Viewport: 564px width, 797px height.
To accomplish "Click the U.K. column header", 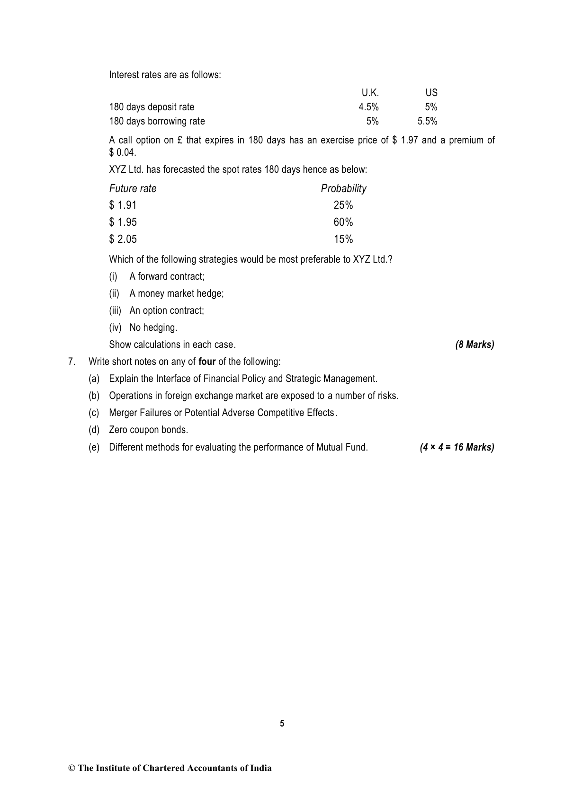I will pos(370,93).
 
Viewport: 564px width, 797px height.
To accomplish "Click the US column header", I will pos(431,93).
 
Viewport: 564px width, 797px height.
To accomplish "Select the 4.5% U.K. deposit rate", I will pos(368,107).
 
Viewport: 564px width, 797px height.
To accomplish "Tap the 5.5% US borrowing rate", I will pos(427,121).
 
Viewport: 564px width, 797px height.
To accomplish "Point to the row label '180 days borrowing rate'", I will pos(157,121).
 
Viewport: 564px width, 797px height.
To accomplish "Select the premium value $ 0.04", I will pos(122,152).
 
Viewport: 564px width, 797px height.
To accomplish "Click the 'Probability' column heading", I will pos(343,188).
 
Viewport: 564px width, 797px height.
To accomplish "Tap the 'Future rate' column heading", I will pos(133,188).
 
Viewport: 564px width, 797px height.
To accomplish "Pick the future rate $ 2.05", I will pos(123,239).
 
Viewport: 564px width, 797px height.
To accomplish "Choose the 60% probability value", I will pos(343,222).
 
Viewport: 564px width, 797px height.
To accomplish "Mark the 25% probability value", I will pos(343,205).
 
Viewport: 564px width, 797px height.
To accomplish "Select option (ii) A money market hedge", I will pos(176,293).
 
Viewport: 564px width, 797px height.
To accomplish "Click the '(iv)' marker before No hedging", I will pos(115,328).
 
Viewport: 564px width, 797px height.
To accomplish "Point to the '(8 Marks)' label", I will pos(474,345).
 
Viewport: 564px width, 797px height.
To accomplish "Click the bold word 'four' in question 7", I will pos(207,362).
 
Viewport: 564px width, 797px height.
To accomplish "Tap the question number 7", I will pos(72,362).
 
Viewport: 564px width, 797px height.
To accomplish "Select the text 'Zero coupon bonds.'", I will pos(148,430).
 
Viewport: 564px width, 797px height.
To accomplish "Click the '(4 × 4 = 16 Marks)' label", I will pos(457,447).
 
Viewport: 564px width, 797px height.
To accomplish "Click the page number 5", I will pos(282,723).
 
